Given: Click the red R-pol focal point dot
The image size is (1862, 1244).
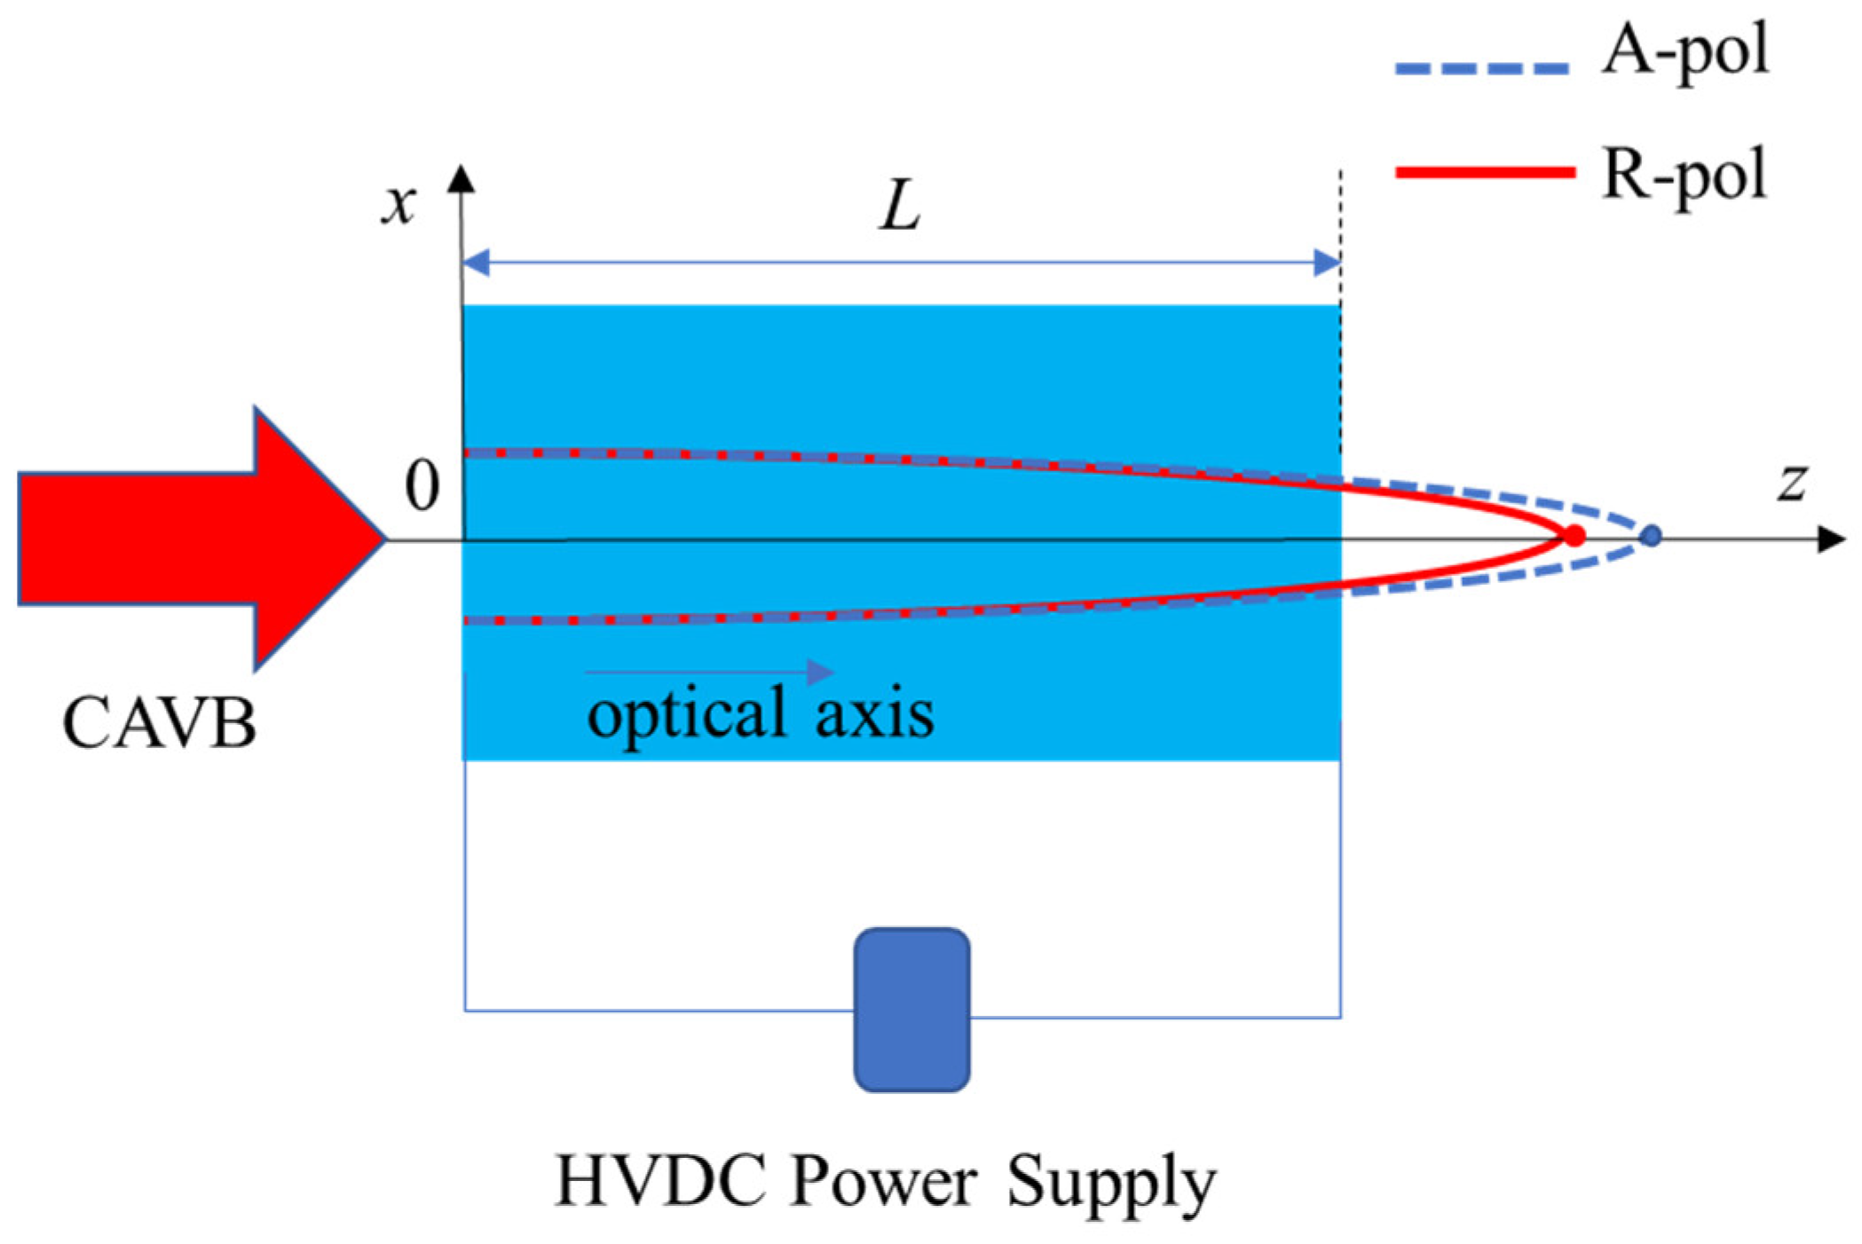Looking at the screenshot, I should pyautogui.click(x=1574, y=536).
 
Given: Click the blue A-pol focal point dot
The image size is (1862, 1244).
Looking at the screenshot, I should pyautogui.click(x=1651, y=536).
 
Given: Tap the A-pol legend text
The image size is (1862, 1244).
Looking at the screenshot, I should pyautogui.click(x=1684, y=51).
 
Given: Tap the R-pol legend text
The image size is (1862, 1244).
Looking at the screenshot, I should pyautogui.click(x=1684, y=176).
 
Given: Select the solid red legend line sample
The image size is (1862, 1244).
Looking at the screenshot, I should pyautogui.click(x=1484, y=172).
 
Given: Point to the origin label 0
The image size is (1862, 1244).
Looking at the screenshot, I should pyautogui.click(x=422, y=486).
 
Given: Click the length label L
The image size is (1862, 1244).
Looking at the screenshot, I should pyautogui.click(x=900, y=207).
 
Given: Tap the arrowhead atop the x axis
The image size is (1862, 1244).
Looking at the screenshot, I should pyautogui.click(x=461, y=179).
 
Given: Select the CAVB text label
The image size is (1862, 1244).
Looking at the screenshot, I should pyautogui.click(x=160, y=723).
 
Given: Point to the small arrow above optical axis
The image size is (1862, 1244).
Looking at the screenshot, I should pyautogui.click(x=710, y=672).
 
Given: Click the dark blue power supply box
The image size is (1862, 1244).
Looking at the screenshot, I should pyautogui.click(x=911, y=1010).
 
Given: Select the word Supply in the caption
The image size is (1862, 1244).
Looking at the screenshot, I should pyautogui.click(x=1111, y=1182).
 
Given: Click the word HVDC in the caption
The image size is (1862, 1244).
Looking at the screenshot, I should pyautogui.click(x=660, y=1182).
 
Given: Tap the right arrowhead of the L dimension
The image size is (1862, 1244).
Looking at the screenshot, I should pyautogui.click(x=1327, y=263).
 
